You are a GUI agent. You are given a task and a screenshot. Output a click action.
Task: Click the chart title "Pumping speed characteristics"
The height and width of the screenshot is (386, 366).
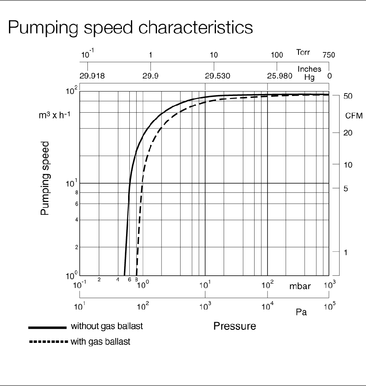coord(130,27)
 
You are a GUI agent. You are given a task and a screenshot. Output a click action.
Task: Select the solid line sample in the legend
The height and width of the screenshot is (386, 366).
coord(47,327)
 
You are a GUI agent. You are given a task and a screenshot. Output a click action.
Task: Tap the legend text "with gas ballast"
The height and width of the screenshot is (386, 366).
coord(100,342)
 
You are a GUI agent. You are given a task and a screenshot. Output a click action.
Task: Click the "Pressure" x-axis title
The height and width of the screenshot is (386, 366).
coord(235,326)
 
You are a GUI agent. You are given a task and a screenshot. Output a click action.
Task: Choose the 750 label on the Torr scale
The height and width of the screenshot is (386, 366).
coord(329,55)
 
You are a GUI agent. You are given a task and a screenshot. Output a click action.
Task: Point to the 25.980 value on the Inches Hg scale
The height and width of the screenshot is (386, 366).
coord(279,76)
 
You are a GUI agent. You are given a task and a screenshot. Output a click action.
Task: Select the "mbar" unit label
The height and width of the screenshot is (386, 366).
coord(300,286)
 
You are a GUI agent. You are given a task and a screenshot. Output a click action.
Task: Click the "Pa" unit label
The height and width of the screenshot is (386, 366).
coord(301,312)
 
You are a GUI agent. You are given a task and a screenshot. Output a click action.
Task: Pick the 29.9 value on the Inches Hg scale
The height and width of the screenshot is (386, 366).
coord(151,76)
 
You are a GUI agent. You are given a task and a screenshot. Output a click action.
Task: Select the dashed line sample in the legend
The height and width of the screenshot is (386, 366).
coord(47,342)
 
